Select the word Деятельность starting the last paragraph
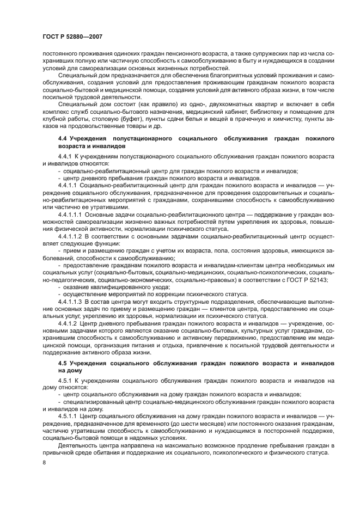78,445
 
